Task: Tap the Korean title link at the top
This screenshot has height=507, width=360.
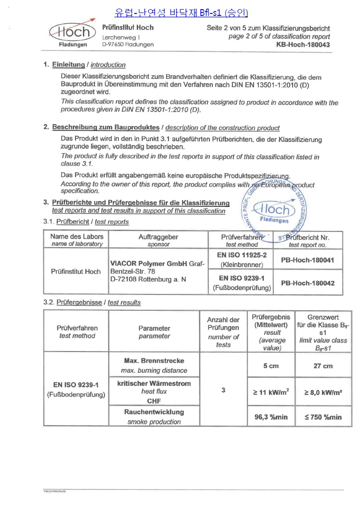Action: (x=181, y=12)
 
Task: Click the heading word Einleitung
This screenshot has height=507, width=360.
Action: (x=68, y=64)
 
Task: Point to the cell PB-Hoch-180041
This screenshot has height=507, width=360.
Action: (x=307, y=260)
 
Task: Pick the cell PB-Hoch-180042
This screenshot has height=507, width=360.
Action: (x=307, y=283)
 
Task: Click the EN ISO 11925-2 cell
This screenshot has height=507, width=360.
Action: (x=242, y=254)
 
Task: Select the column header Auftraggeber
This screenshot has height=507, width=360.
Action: (x=158, y=237)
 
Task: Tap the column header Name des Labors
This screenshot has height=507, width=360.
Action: (x=77, y=237)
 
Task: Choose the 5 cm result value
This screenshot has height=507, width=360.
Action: (x=271, y=366)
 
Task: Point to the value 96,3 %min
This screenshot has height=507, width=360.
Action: (x=271, y=417)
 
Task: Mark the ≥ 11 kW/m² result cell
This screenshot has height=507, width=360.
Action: (x=271, y=392)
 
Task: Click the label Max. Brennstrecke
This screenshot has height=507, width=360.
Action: (x=154, y=360)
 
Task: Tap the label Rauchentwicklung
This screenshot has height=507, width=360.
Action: (x=154, y=412)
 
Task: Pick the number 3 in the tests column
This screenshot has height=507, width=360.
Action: (x=223, y=390)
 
